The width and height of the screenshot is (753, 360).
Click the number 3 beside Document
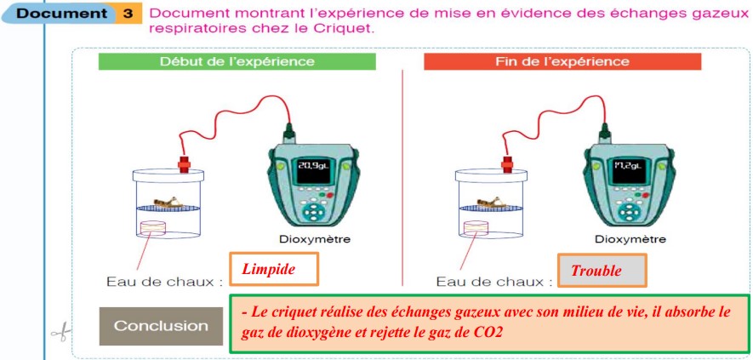coord(128,13)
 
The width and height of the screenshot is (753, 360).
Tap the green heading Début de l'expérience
coord(237,61)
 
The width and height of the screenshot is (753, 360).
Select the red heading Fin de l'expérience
coord(562,61)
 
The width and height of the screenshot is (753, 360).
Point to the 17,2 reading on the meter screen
coord(628,166)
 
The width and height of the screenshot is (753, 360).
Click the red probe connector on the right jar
coord(506,163)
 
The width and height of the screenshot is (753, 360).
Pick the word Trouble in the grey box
coord(596,271)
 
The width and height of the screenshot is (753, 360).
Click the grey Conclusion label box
coord(162,326)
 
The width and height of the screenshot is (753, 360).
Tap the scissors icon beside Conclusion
coord(61,332)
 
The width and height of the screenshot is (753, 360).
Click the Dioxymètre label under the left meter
coord(315,239)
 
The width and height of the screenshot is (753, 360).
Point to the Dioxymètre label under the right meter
coord(630,239)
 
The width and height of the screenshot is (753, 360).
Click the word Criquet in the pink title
coord(344,28)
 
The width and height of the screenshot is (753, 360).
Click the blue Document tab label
coord(62,13)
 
